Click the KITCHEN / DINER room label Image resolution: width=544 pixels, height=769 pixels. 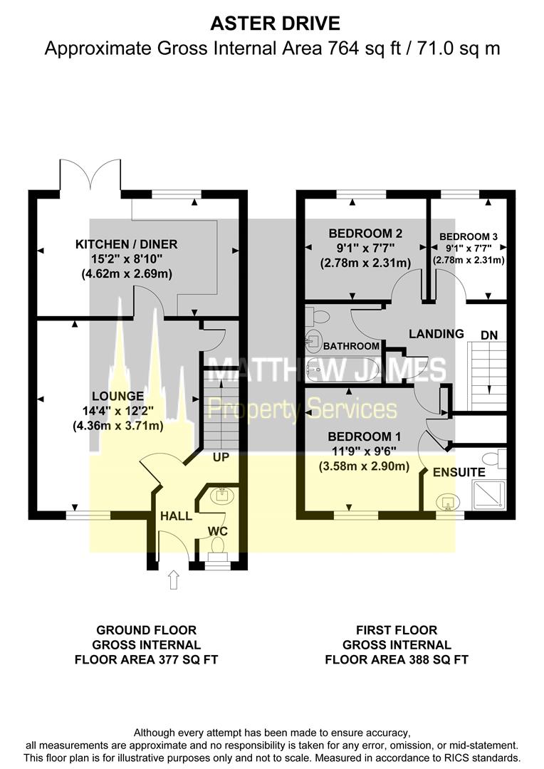pyautogui.click(x=127, y=244)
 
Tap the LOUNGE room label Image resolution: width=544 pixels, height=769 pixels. pyautogui.click(x=117, y=396)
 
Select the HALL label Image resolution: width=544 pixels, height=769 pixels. pyautogui.click(x=175, y=516)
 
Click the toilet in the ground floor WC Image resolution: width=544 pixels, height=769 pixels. pyautogui.click(x=217, y=546)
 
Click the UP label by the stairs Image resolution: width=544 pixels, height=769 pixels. pyautogui.click(x=221, y=457)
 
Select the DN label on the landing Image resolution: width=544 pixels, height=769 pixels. pyautogui.click(x=490, y=334)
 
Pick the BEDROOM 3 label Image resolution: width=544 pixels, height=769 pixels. pyautogui.click(x=469, y=236)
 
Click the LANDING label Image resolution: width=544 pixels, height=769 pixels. pyautogui.click(x=436, y=333)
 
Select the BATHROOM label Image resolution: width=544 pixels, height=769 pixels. pyautogui.click(x=352, y=346)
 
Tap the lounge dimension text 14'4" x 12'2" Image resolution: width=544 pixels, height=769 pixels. pyautogui.click(x=117, y=410)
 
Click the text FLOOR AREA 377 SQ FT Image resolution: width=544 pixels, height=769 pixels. pyautogui.click(x=146, y=660)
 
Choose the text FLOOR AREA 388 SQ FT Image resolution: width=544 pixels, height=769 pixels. pyautogui.click(x=397, y=660)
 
